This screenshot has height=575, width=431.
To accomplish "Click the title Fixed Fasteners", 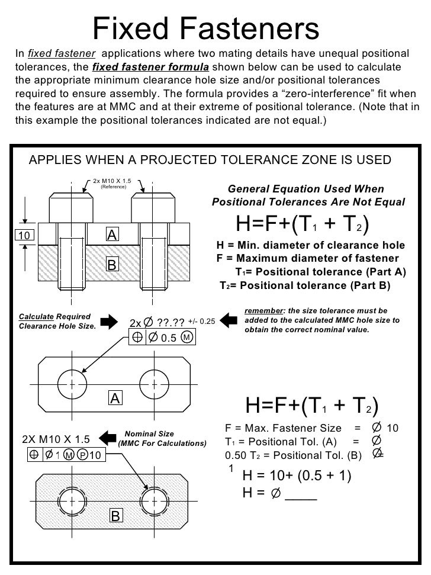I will [x=207, y=27].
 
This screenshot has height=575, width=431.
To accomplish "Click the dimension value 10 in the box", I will [x=24, y=236].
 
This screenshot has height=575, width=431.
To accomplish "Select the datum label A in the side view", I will [x=112, y=235].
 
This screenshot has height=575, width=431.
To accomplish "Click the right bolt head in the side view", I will [x=153, y=207].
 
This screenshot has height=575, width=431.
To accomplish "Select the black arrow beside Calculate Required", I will [x=110, y=322].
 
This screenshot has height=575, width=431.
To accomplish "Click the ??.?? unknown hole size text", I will [x=171, y=323].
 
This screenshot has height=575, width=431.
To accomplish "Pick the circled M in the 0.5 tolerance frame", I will [x=186, y=338].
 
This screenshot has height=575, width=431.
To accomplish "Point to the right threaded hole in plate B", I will [x=153, y=501].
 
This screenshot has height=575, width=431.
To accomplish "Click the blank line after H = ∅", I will [x=301, y=493].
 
